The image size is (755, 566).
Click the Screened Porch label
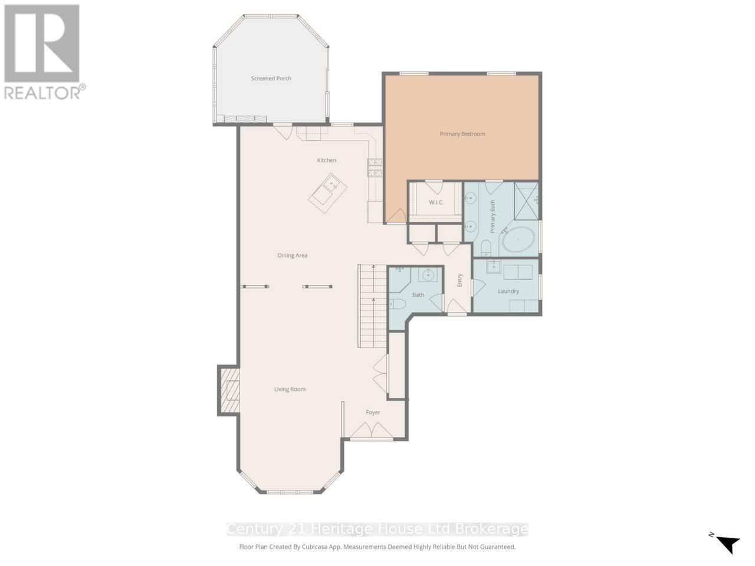[x=271, y=78]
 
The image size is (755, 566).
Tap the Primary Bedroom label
[x=462, y=134]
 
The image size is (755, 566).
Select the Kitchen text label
[x=326, y=160]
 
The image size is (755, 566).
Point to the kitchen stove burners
[x=375, y=168]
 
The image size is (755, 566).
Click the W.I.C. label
[x=436, y=203]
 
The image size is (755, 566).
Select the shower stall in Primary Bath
[x=526, y=200]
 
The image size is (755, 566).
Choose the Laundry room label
[x=508, y=291]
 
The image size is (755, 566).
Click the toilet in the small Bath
[x=397, y=304]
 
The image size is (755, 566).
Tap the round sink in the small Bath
[x=428, y=275]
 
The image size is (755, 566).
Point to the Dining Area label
[x=293, y=255]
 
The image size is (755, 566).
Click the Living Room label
[x=290, y=389]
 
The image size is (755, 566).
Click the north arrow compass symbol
[x=727, y=542]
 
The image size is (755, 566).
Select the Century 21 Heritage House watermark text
[x=377, y=529]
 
